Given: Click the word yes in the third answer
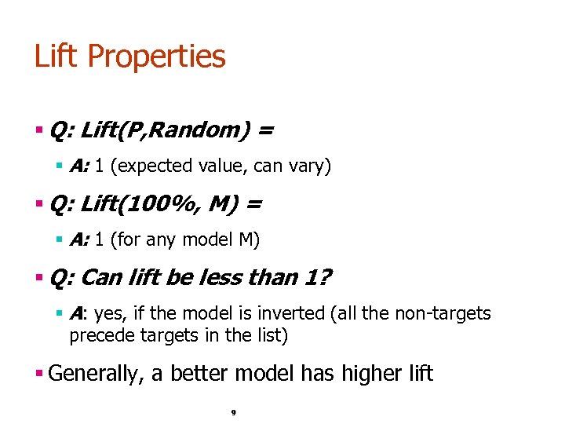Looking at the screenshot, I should coord(109,314).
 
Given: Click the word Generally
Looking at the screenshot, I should coord(95,374).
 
